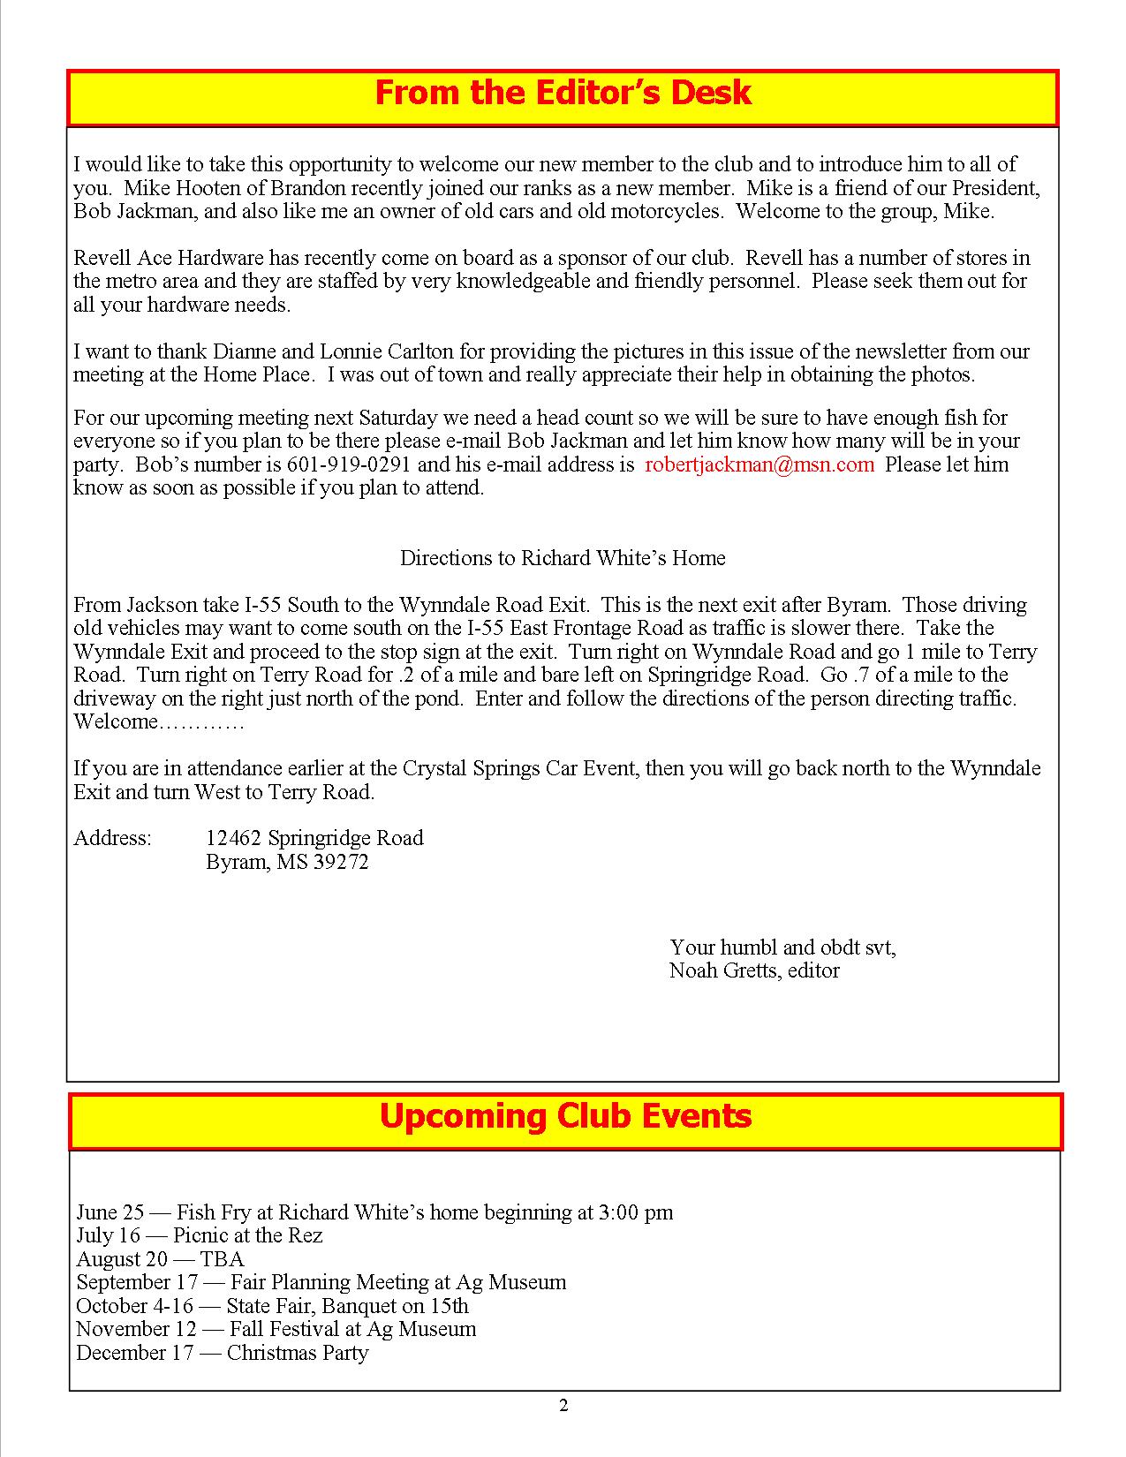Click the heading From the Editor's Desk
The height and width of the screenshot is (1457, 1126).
click(563, 94)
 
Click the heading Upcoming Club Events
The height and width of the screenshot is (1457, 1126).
click(565, 1116)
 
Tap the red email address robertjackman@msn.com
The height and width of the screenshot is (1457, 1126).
click(759, 464)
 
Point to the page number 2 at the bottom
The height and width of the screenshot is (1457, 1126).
click(563, 1406)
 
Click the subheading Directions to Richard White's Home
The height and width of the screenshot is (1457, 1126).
click(563, 558)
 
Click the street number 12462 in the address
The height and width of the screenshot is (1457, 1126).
click(234, 838)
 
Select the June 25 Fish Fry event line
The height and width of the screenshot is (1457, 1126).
click(374, 1212)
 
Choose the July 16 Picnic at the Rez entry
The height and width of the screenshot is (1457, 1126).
click(200, 1235)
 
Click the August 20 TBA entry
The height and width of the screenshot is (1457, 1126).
click(160, 1259)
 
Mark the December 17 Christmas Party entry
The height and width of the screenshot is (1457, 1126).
click(222, 1353)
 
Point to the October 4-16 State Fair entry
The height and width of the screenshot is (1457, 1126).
click(272, 1306)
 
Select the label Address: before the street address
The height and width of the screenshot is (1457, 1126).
click(112, 838)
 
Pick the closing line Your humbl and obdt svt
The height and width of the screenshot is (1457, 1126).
click(782, 947)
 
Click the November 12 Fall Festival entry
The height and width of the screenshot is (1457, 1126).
click(276, 1329)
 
